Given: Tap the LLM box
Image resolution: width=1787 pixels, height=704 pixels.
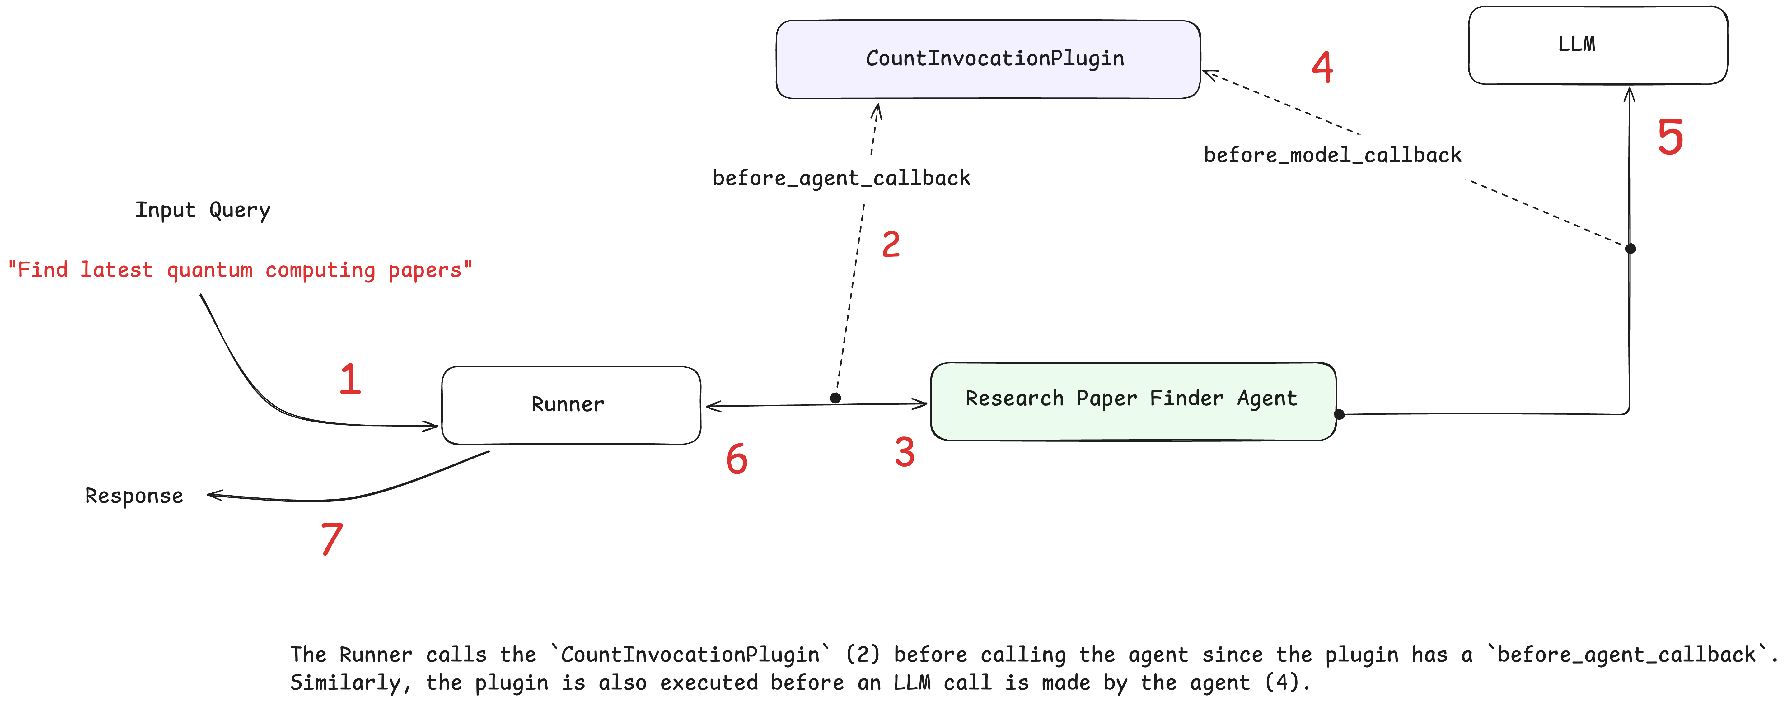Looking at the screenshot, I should [x=1598, y=45].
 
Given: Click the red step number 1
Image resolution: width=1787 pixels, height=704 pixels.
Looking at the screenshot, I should [x=350, y=380].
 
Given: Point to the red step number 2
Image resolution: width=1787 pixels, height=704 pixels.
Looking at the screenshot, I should [x=891, y=245].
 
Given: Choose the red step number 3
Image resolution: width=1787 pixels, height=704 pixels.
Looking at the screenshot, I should [x=905, y=452].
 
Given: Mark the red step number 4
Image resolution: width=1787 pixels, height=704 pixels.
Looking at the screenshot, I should [x=1322, y=67].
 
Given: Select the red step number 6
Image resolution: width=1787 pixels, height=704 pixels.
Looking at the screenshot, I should [x=737, y=459].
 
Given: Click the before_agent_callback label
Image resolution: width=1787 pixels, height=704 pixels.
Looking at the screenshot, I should [x=841, y=178].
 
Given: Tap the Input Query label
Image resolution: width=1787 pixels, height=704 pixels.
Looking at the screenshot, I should [x=203, y=210].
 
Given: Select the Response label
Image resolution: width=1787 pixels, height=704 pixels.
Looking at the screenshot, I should [x=134, y=496].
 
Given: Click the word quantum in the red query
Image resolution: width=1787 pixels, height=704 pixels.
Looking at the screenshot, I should [x=209, y=270].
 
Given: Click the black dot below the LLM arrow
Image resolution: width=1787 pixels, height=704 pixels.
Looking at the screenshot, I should [x=1630, y=248].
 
